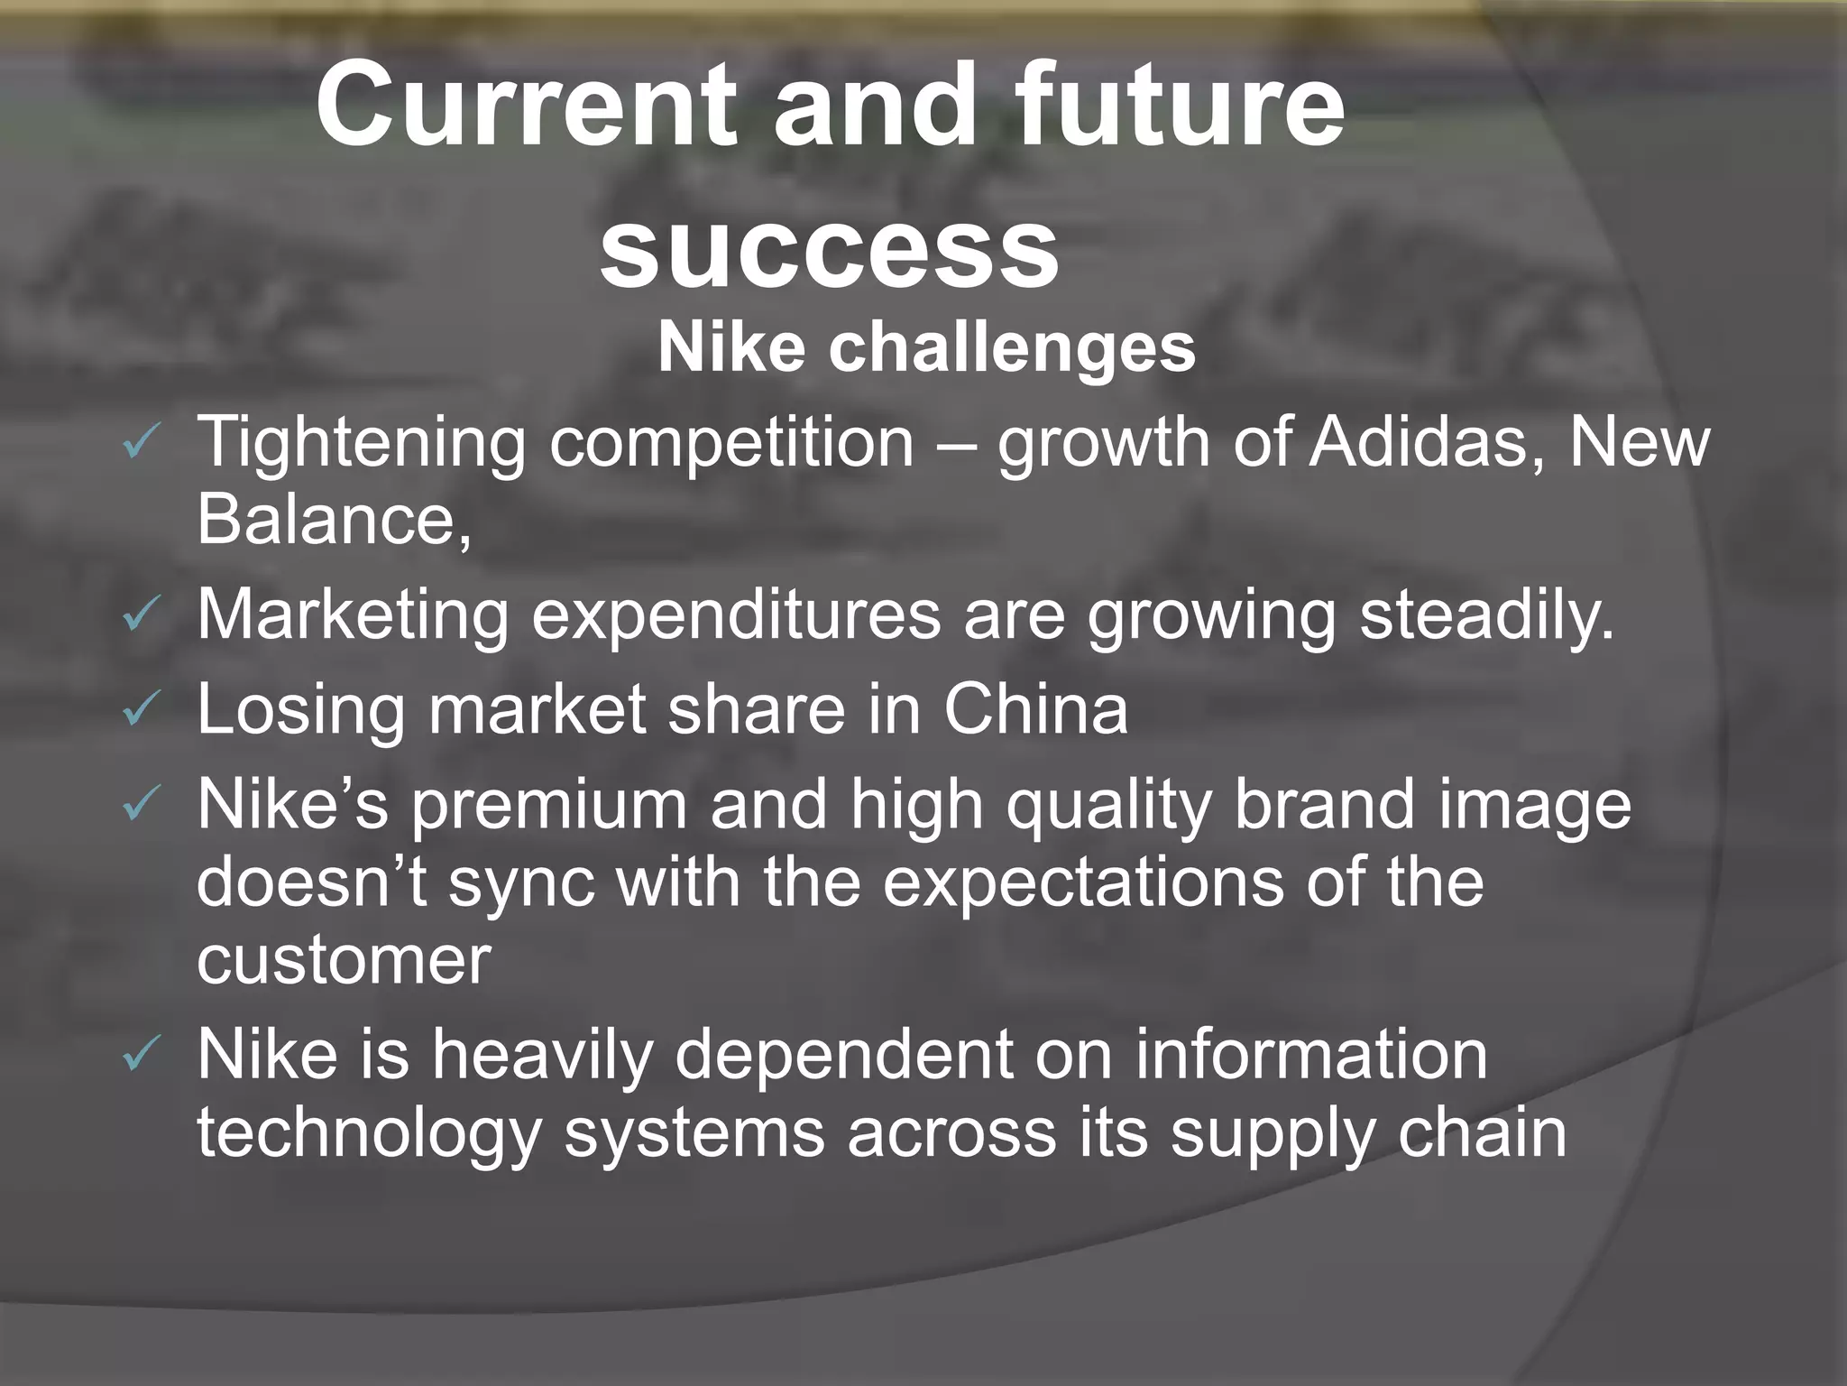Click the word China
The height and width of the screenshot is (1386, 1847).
1036,709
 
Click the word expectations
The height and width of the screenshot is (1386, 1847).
1083,882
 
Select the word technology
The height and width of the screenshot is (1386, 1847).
369,1133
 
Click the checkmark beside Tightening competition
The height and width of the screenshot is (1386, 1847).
142,443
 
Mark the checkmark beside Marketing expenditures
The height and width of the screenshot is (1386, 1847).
142,616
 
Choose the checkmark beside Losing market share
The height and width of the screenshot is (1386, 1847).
142,709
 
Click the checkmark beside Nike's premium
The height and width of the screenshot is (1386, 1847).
142,804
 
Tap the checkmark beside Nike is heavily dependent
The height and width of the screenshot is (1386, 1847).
142,1054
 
